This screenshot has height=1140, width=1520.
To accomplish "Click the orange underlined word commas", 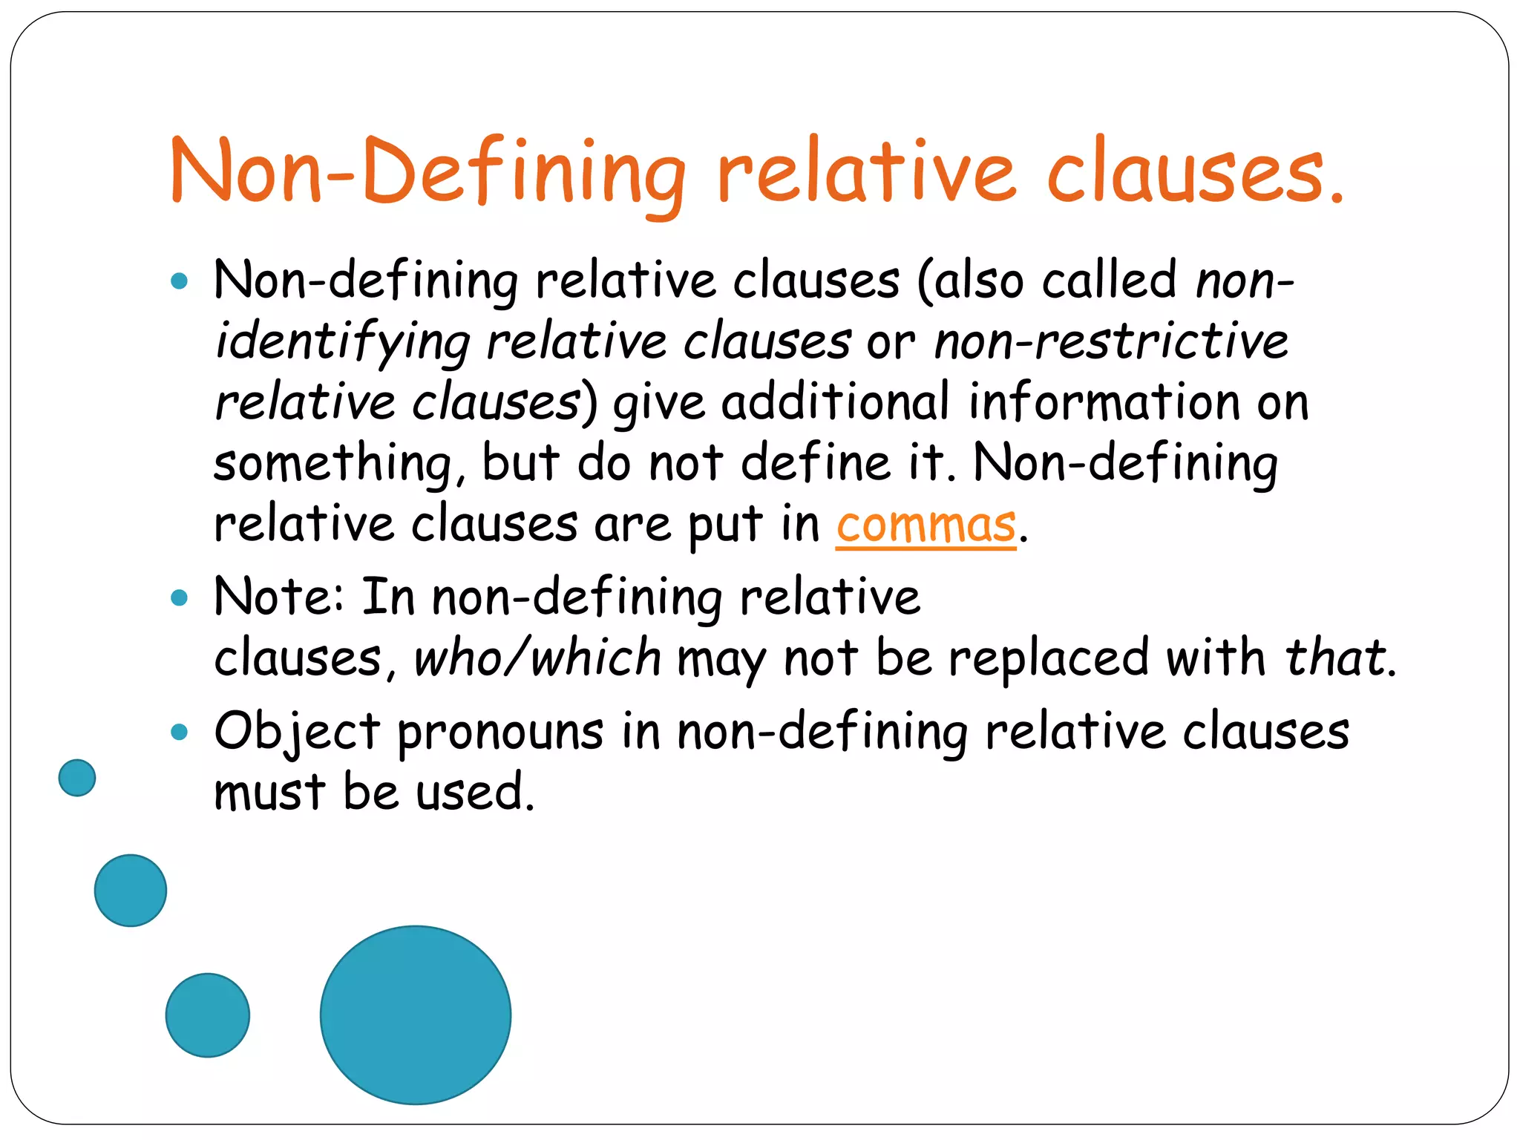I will [x=926, y=525].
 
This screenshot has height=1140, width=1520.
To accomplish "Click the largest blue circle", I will [x=416, y=1015].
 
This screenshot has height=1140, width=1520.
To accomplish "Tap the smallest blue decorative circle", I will [x=77, y=778].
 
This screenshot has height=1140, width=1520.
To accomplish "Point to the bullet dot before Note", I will [x=179, y=597].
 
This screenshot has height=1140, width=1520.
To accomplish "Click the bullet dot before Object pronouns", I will [x=179, y=733].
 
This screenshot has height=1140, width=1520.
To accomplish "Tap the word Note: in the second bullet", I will [x=279, y=597].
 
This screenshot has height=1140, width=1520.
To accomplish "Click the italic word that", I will [x=1335, y=658].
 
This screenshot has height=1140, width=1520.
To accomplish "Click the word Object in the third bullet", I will [x=297, y=733].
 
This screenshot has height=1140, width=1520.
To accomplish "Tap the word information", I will [x=1104, y=402].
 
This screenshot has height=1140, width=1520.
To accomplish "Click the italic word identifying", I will [x=342, y=343].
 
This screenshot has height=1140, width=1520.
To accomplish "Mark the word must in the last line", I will [x=269, y=792].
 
